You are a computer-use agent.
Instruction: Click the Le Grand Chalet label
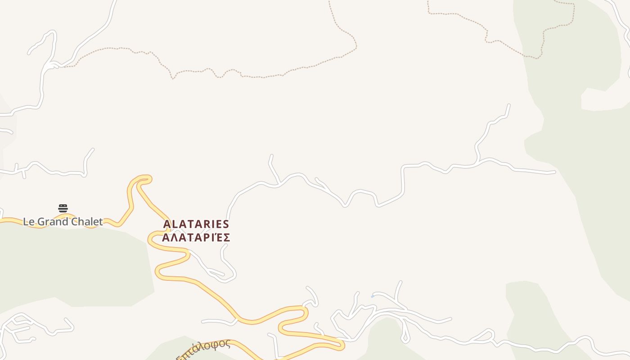point(63,221)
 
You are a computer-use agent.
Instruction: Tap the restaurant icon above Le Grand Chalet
point(63,208)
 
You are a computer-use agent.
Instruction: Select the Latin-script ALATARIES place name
point(196,224)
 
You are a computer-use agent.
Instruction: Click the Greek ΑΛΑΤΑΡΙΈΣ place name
point(196,238)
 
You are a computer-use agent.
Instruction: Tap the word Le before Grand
point(28,221)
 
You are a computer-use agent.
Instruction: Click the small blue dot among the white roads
point(372,297)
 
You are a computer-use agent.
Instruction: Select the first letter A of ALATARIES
point(167,224)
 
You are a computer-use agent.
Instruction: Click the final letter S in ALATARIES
point(226,224)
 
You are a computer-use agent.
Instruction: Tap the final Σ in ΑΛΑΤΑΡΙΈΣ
point(226,238)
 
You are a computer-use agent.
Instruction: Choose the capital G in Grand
point(40,221)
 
